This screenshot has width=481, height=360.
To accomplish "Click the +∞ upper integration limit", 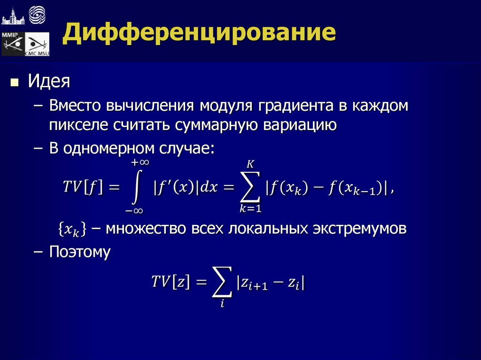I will (x=140, y=162).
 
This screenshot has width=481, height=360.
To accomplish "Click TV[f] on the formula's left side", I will (x=83, y=187).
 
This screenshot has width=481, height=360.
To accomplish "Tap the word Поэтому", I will (x=80, y=252).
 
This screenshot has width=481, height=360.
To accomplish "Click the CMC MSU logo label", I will (x=37, y=53).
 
